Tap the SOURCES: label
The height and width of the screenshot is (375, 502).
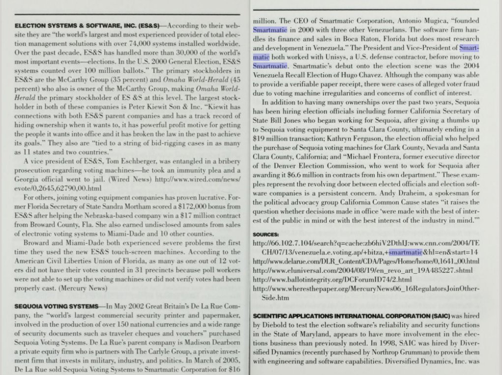(266, 234)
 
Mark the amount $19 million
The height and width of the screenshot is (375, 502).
(270, 139)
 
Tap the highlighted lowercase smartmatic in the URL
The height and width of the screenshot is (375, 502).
(405, 252)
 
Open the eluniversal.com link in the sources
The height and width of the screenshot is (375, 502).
(362, 270)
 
